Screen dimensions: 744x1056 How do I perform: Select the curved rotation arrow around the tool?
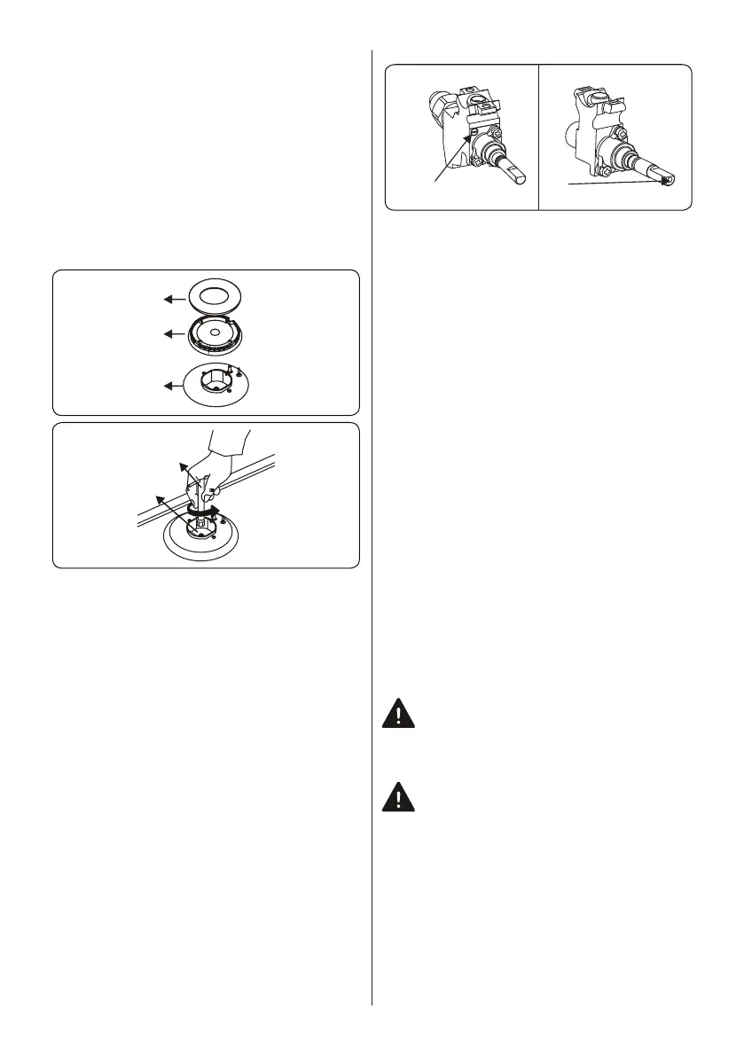(x=204, y=512)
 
